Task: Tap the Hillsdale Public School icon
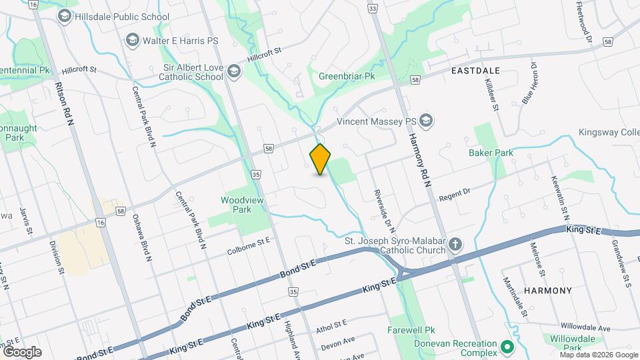click(x=65, y=16)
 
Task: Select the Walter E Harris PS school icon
click(x=131, y=41)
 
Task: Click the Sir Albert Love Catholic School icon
click(x=233, y=71)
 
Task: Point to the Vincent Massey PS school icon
click(x=427, y=121)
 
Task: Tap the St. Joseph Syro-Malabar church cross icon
click(x=455, y=244)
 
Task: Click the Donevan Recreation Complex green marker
click(x=506, y=347)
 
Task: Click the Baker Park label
click(x=491, y=153)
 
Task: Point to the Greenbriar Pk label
click(x=347, y=77)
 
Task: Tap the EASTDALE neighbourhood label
click(x=475, y=69)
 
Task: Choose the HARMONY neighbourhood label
click(x=548, y=291)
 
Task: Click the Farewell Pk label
click(x=411, y=330)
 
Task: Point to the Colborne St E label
click(x=248, y=246)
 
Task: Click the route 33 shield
click(x=372, y=8)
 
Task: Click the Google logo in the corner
click(x=22, y=351)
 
